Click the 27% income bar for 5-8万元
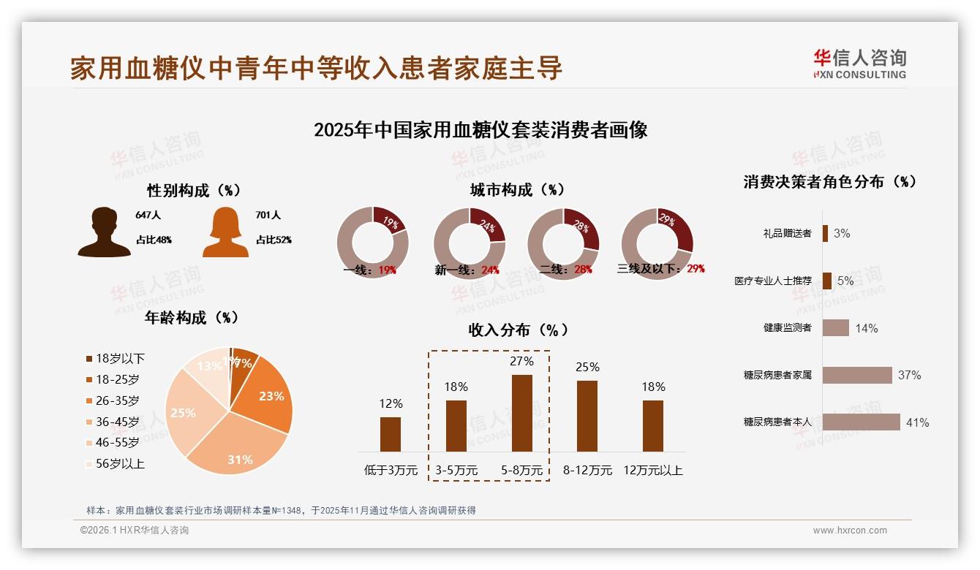pos(521,413)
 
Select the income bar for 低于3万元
pos(391,434)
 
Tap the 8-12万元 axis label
pos(587,470)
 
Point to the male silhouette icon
pos(104,232)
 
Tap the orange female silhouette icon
pos(225,233)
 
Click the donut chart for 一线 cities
pos(372,243)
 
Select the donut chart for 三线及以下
pos(657,243)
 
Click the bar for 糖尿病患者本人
pos(861,422)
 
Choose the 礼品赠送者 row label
pos(787,233)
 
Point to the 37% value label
pos(909,375)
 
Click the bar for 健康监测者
pos(835,328)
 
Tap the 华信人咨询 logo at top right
pos(859,64)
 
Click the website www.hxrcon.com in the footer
pos(850,531)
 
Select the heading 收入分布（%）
pos(519,330)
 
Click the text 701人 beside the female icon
pos(268,216)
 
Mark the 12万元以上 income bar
pos(653,425)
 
